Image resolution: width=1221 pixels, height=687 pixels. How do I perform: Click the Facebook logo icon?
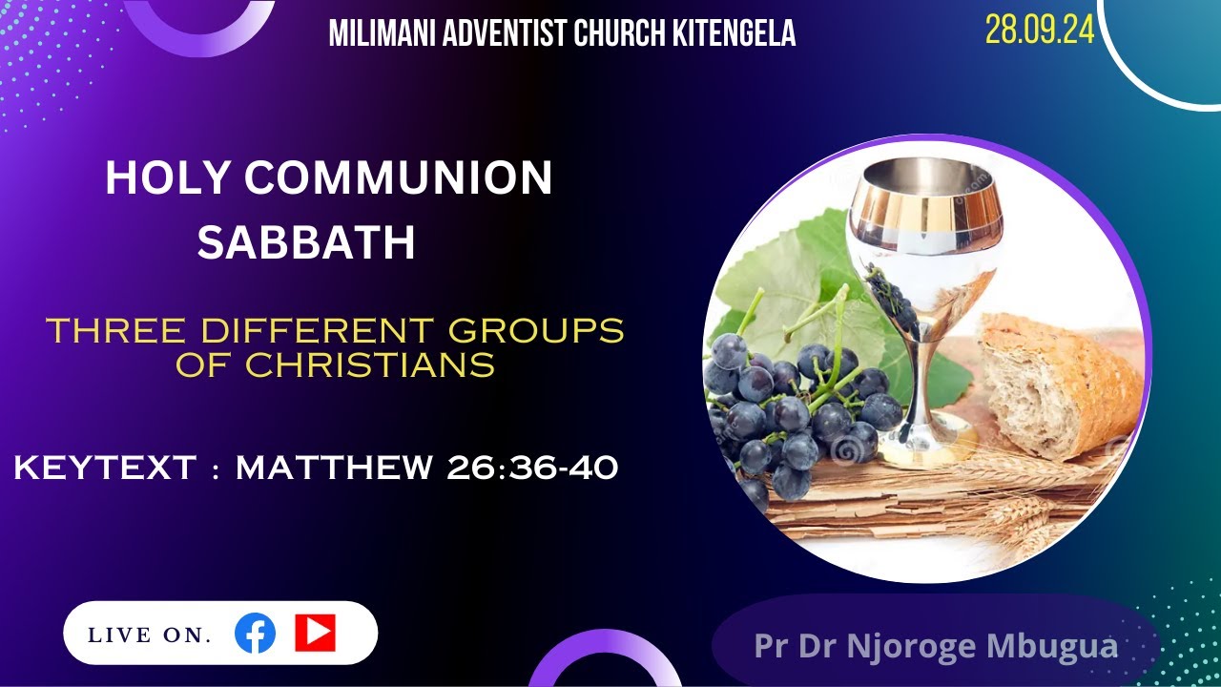coord(255,634)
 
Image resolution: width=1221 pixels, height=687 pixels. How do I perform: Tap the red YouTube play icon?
coord(315,633)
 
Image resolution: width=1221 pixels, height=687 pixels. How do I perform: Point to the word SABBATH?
coord(306,243)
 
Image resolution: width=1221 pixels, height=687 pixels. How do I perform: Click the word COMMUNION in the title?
coord(398,178)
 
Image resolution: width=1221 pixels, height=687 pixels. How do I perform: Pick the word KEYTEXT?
coord(105,468)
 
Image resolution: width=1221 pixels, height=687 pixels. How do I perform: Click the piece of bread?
coord(1059,382)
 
